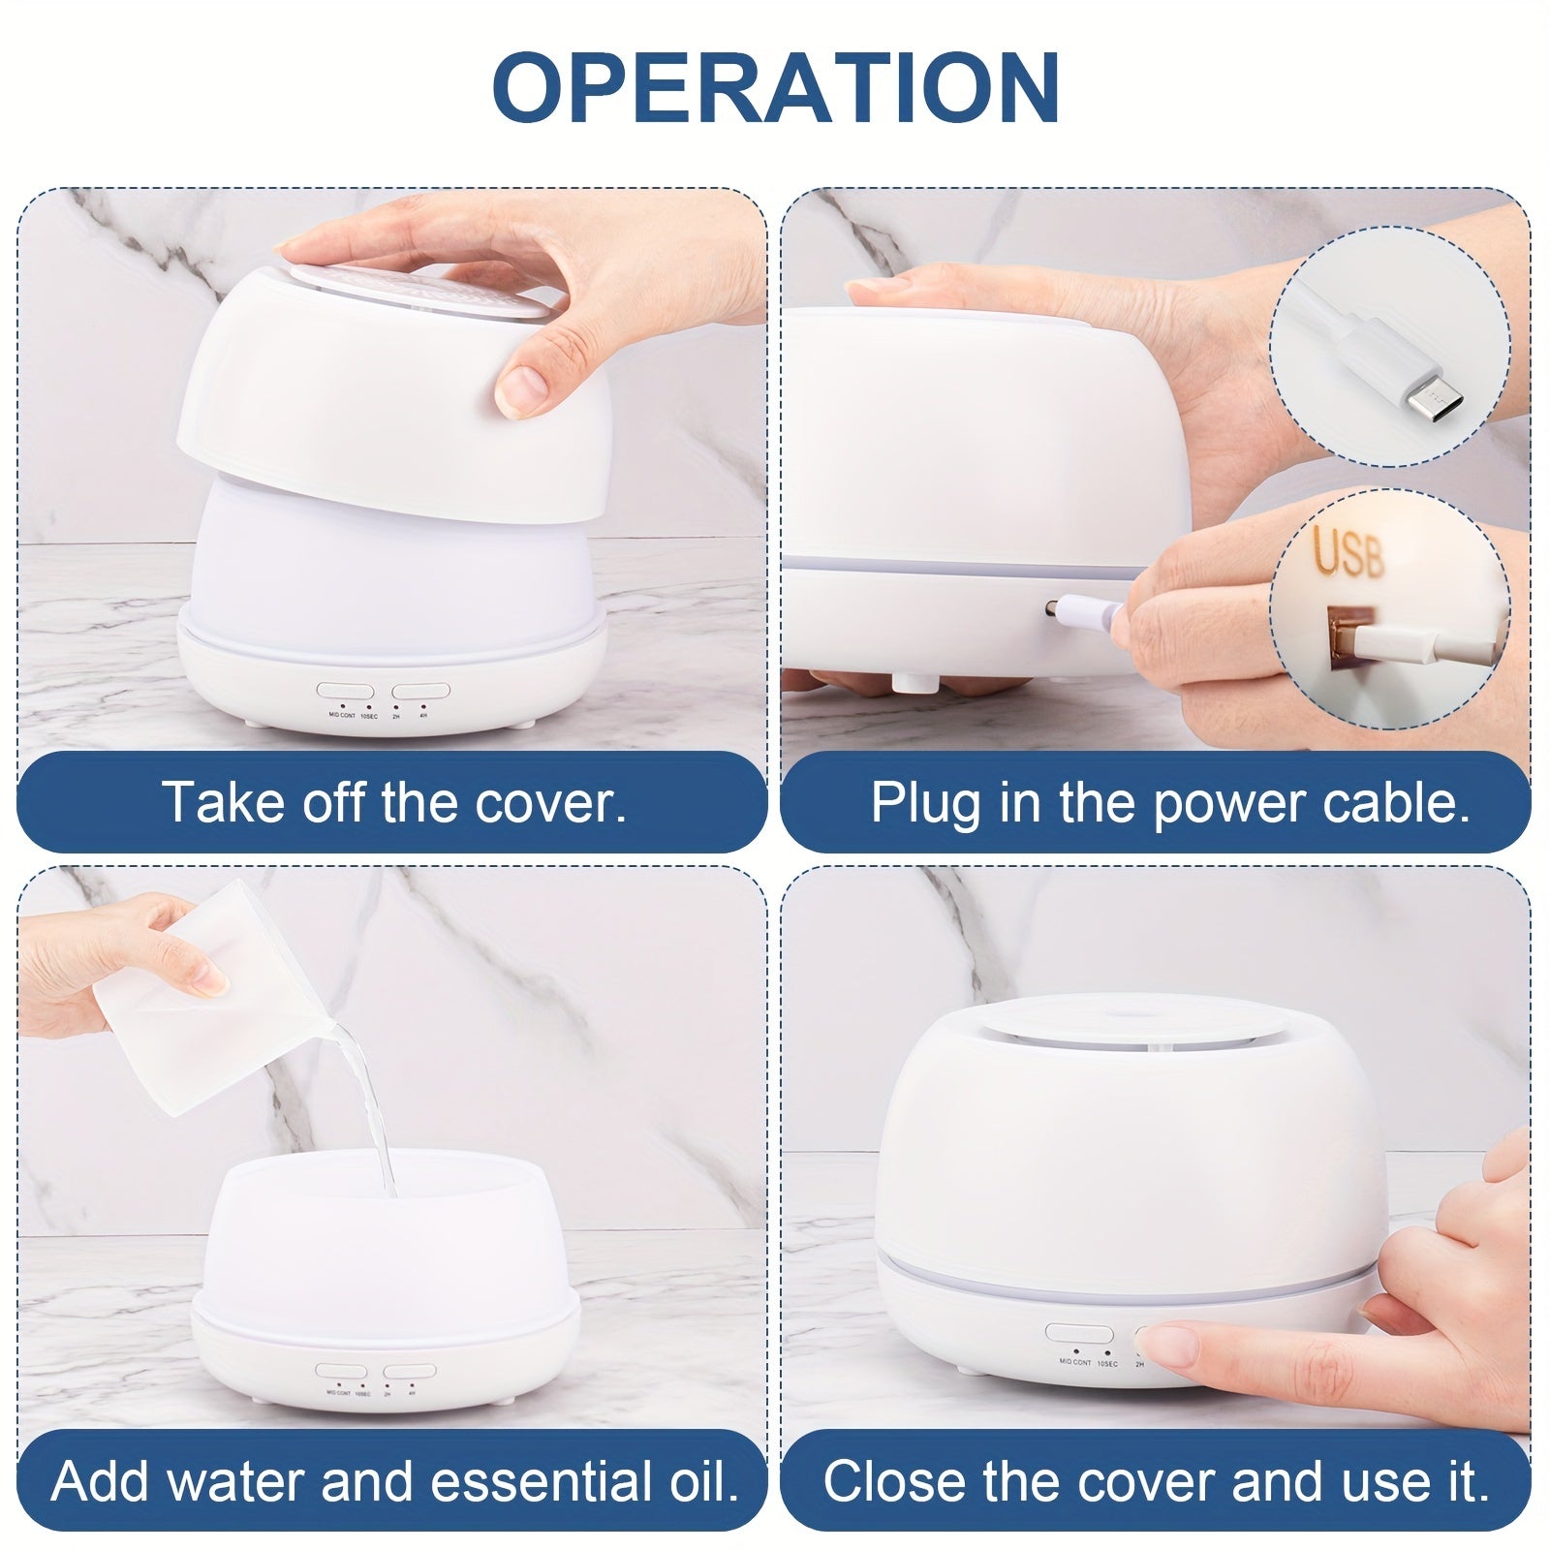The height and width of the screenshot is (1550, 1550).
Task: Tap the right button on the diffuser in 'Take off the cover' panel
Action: point(420,692)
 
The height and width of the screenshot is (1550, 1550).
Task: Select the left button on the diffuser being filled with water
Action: point(344,1372)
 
